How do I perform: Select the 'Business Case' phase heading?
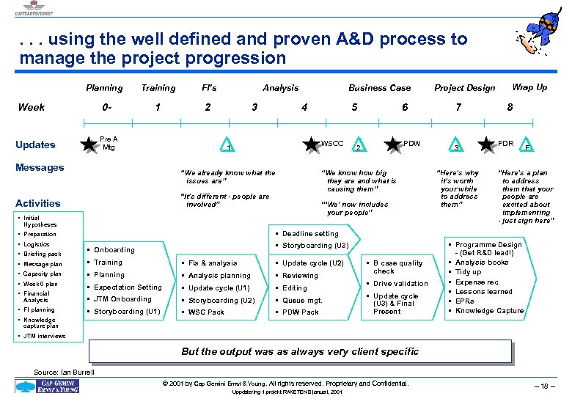click(379, 88)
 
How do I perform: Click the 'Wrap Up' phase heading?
click(529, 87)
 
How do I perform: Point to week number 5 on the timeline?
click(355, 107)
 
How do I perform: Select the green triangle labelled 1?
click(229, 146)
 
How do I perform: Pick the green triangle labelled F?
click(527, 146)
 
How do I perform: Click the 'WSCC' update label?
click(332, 143)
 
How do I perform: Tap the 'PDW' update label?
click(412, 143)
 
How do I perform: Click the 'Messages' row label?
click(40, 167)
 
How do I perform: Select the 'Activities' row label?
click(38, 203)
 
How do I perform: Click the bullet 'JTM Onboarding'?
click(122, 299)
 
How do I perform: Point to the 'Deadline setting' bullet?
click(310, 234)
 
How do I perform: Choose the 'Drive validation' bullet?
click(400, 284)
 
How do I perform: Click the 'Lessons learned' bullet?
click(484, 291)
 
